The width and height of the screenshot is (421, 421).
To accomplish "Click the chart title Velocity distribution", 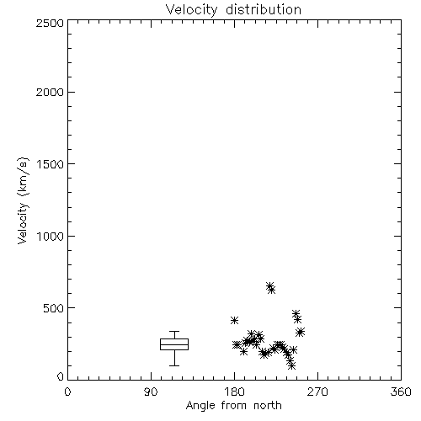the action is click(x=233, y=10).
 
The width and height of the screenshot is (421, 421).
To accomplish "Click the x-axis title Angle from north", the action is click(x=234, y=406).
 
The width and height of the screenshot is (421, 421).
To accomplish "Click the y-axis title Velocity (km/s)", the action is click(x=23, y=200).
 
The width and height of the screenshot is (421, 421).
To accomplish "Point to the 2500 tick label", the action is click(x=50, y=23).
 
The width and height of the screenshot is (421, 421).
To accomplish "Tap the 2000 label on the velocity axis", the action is click(x=50, y=92).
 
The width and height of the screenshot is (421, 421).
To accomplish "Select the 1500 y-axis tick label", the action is click(x=51, y=164).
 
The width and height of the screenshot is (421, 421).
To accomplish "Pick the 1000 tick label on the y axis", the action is click(x=51, y=236).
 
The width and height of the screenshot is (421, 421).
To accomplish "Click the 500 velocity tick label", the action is click(x=54, y=308).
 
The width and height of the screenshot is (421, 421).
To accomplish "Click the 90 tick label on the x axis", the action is click(x=151, y=392).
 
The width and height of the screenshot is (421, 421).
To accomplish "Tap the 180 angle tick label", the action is click(x=234, y=392).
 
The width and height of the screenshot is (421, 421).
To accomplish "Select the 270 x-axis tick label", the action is click(x=317, y=392).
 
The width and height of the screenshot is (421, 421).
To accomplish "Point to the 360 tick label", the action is click(x=401, y=392).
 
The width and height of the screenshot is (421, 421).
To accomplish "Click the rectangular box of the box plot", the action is click(x=174, y=339).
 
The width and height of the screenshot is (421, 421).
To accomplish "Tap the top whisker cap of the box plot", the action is click(x=174, y=332).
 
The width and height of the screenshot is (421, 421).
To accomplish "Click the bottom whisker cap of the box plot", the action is click(x=174, y=365).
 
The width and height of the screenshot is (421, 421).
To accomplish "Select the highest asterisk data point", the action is click(x=269, y=286).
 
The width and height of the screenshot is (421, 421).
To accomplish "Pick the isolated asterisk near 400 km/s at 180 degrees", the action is click(x=234, y=320).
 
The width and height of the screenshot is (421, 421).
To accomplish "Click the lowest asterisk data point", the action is click(x=292, y=365).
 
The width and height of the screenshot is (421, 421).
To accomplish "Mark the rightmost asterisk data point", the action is click(x=301, y=332).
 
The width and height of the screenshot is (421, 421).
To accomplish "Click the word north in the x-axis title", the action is click(x=268, y=406).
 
